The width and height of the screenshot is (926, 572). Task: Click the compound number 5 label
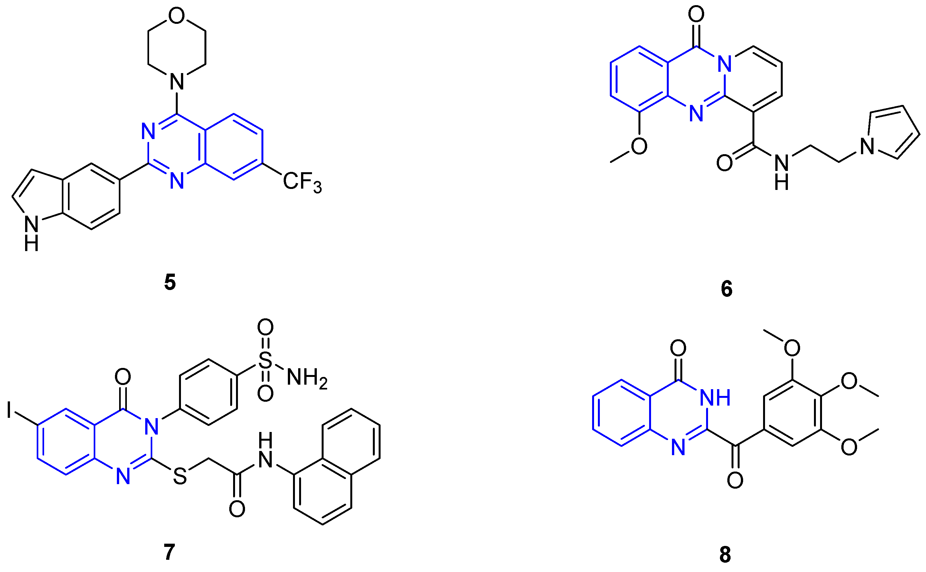click(170, 283)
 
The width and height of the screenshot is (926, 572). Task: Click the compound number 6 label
click(726, 289)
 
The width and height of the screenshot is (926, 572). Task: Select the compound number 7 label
click(169, 552)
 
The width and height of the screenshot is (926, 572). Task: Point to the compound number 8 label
click(725, 555)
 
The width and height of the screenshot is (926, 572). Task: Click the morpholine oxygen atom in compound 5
click(176, 16)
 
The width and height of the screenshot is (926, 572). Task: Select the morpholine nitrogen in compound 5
click(177, 81)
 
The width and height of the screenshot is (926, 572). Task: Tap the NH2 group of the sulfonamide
click(307, 378)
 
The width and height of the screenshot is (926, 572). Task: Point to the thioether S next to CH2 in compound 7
click(180, 477)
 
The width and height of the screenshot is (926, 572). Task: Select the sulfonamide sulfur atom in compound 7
click(265, 360)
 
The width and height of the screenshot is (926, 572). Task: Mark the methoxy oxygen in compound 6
click(639, 146)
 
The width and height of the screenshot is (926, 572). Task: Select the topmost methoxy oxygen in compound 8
click(792, 348)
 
